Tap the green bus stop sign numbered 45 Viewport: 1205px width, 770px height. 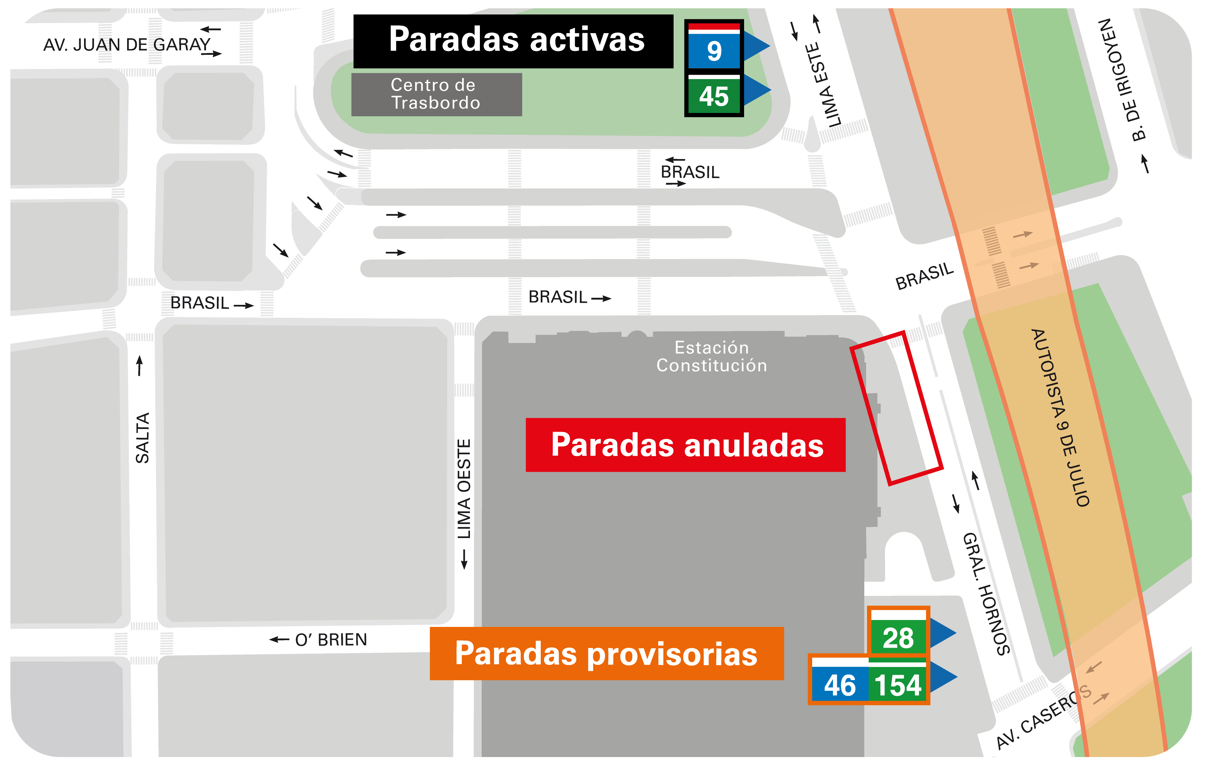click(714, 95)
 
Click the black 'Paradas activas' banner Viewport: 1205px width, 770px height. click(513, 41)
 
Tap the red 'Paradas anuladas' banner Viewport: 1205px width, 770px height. click(685, 445)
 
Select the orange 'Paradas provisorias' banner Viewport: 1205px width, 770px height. click(606, 653)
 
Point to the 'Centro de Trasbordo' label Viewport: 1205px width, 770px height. click(436, 94)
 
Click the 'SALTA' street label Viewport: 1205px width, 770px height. click(142, 438)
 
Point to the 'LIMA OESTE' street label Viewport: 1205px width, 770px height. click(464, 489)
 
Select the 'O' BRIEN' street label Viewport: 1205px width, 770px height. click(331, 640)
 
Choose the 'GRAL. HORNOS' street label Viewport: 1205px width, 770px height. click(986, 594)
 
